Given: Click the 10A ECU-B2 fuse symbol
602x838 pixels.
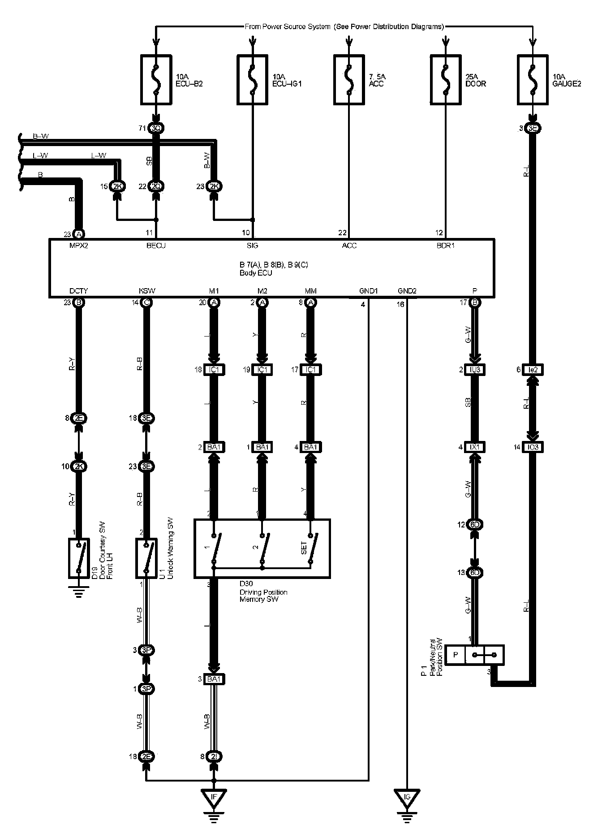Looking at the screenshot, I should tap(156, 80).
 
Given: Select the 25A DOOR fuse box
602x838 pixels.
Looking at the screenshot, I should tap(446, 80).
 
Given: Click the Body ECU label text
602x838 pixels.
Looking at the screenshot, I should tap(256, 272).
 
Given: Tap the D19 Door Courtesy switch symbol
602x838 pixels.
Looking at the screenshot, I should tap(79, 558).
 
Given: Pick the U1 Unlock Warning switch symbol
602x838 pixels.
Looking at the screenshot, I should tap(146, 558).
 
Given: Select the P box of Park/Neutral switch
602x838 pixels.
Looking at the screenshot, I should tap(456, 655).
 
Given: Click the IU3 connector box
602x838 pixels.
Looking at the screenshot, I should tap(475, 370).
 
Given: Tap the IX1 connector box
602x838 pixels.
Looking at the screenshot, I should tap(475, 447).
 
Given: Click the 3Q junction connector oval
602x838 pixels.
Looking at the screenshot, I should tap(156, 128).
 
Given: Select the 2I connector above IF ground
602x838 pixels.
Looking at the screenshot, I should tap(214, 757).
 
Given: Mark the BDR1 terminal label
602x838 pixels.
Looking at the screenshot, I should tap(446, 246).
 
